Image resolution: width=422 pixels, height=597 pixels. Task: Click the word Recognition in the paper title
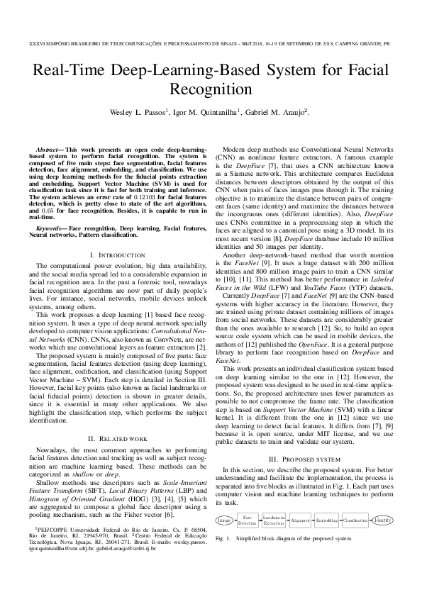[x=211, y=89]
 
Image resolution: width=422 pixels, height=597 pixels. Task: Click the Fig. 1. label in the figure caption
[x=223, y=538]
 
